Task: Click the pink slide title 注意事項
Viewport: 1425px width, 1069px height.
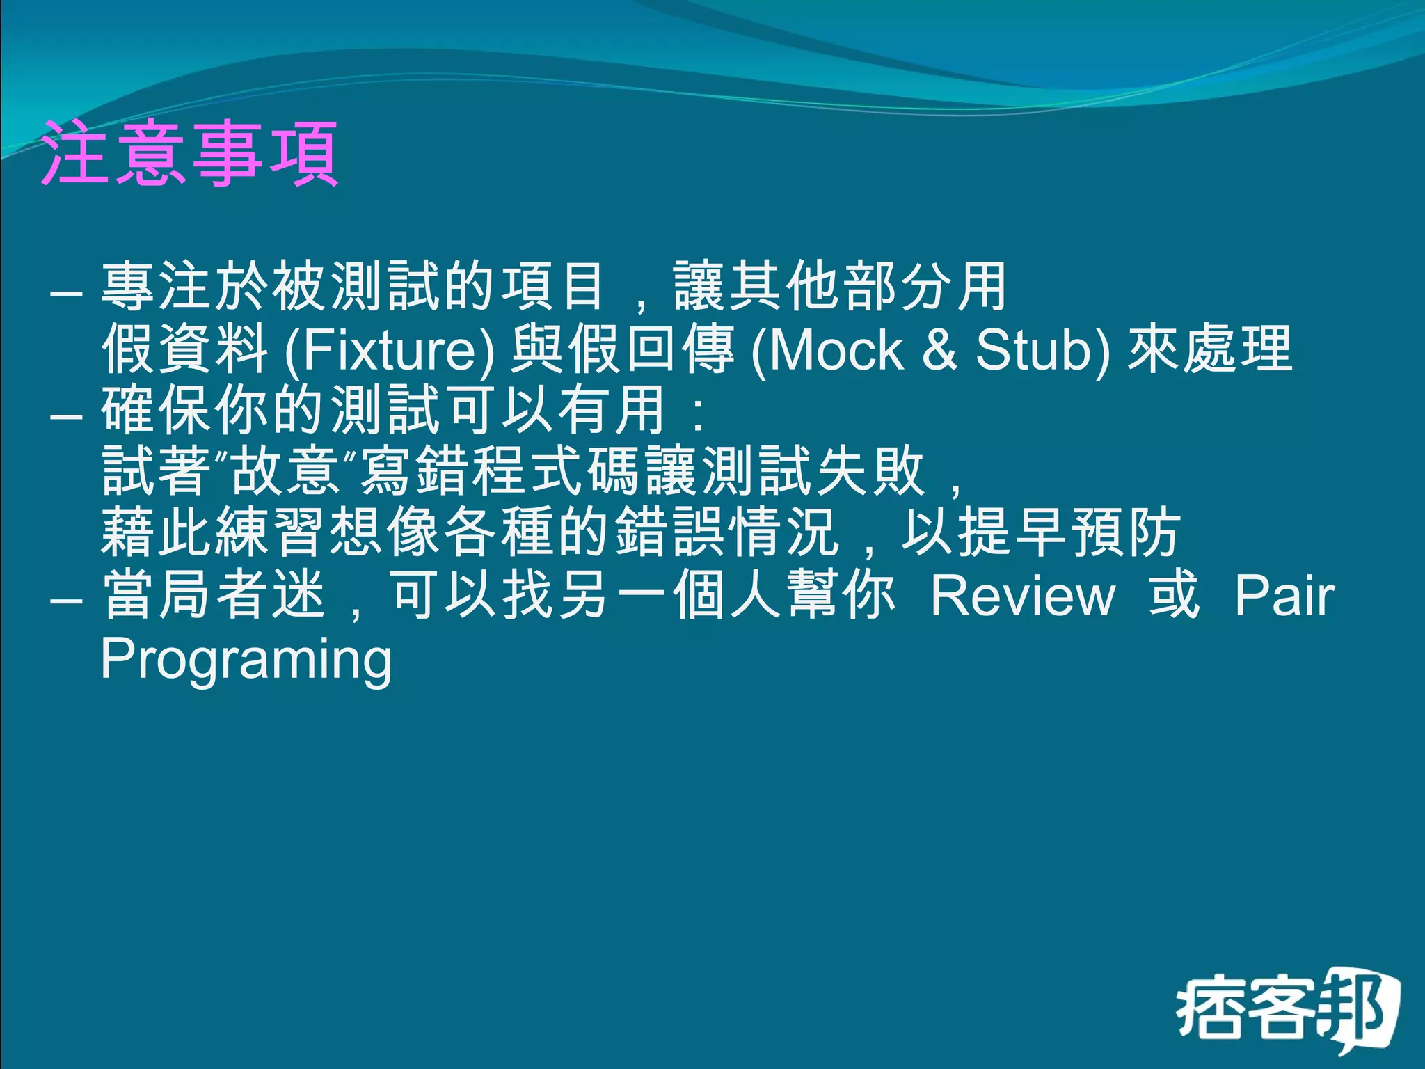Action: (189, 154)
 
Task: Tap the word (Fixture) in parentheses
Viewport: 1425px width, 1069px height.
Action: (390, 350)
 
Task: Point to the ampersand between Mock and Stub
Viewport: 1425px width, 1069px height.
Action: (939, 350)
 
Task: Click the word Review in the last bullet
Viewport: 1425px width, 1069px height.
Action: (1023, 596)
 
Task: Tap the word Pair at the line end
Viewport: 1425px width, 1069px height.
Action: (1284, 596)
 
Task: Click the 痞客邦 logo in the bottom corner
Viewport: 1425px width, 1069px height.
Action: (1288, 1010)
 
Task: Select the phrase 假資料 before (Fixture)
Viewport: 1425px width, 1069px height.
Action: (185, 349)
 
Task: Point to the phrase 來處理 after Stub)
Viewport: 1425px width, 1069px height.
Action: (1209, 349)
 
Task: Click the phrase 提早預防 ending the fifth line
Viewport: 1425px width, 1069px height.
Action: (1069, 532)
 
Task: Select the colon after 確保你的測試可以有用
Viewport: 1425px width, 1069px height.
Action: (699, 413)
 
